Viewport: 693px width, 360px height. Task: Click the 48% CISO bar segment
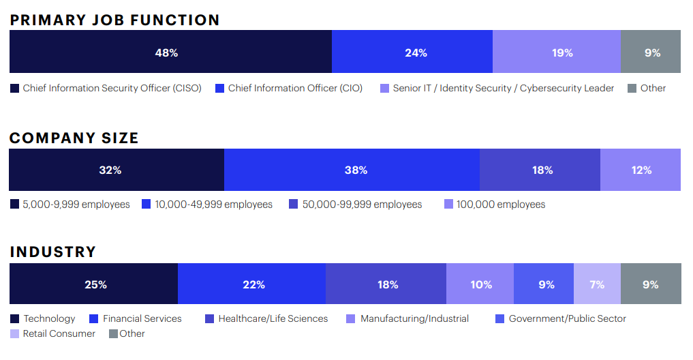(x=170, y=52)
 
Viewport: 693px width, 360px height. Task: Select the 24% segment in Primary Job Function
(x=412, y=52)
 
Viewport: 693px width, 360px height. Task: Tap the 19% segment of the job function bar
(x=557, y=52)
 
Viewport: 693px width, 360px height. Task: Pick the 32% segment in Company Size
(x=117, y=170)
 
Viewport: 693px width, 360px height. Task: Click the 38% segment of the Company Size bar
(x=352, y=170)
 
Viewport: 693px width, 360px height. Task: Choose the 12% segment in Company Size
(x=641, y=170)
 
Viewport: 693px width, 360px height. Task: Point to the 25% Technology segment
(x=94, y=284)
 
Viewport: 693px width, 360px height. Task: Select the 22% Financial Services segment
(x=252, y=284)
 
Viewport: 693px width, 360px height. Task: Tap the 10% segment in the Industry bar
(x=480, y=284)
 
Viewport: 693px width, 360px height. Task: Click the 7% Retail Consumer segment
(x=597, y=284)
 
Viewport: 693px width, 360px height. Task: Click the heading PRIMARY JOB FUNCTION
(x=115, y=20)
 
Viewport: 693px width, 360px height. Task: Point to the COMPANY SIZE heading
(x=74, y=138)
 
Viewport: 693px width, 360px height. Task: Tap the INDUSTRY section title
(x=53, y=252)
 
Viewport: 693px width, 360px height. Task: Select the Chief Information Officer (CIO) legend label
(x=295, y=88)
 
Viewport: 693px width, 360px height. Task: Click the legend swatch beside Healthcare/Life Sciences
(x=209, y=319)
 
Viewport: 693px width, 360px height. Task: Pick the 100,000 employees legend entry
(x=495, y=205)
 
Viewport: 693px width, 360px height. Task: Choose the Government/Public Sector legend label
(x=568, y=318)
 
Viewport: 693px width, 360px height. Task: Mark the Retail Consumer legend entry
(x=52, y=333)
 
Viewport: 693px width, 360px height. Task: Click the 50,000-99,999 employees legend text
(x=362, y=205)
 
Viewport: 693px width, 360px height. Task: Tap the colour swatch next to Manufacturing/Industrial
(x=350, y=319)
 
